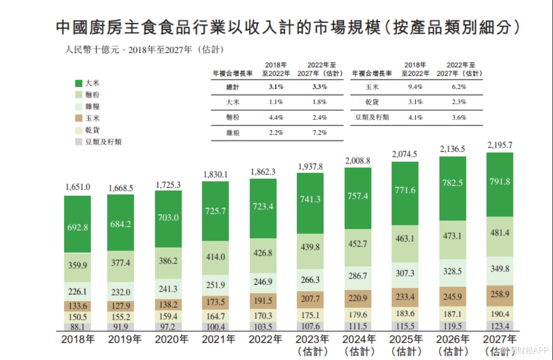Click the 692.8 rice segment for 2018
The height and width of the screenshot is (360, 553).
click(x=77, y=227)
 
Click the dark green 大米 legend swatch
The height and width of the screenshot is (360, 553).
click(x=78, y=83)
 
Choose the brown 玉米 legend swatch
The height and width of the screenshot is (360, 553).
click(x=78, y=118)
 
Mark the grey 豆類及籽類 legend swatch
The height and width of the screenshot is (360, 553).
click(x=78, y=141)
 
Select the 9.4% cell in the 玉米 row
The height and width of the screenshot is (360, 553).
click(x=415, y=86)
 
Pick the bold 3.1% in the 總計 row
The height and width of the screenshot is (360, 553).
click(x=276, y=86)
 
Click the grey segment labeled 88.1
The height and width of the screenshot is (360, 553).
click(x=77, y=328)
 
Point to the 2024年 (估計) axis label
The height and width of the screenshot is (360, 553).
click(x=358, y=345)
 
